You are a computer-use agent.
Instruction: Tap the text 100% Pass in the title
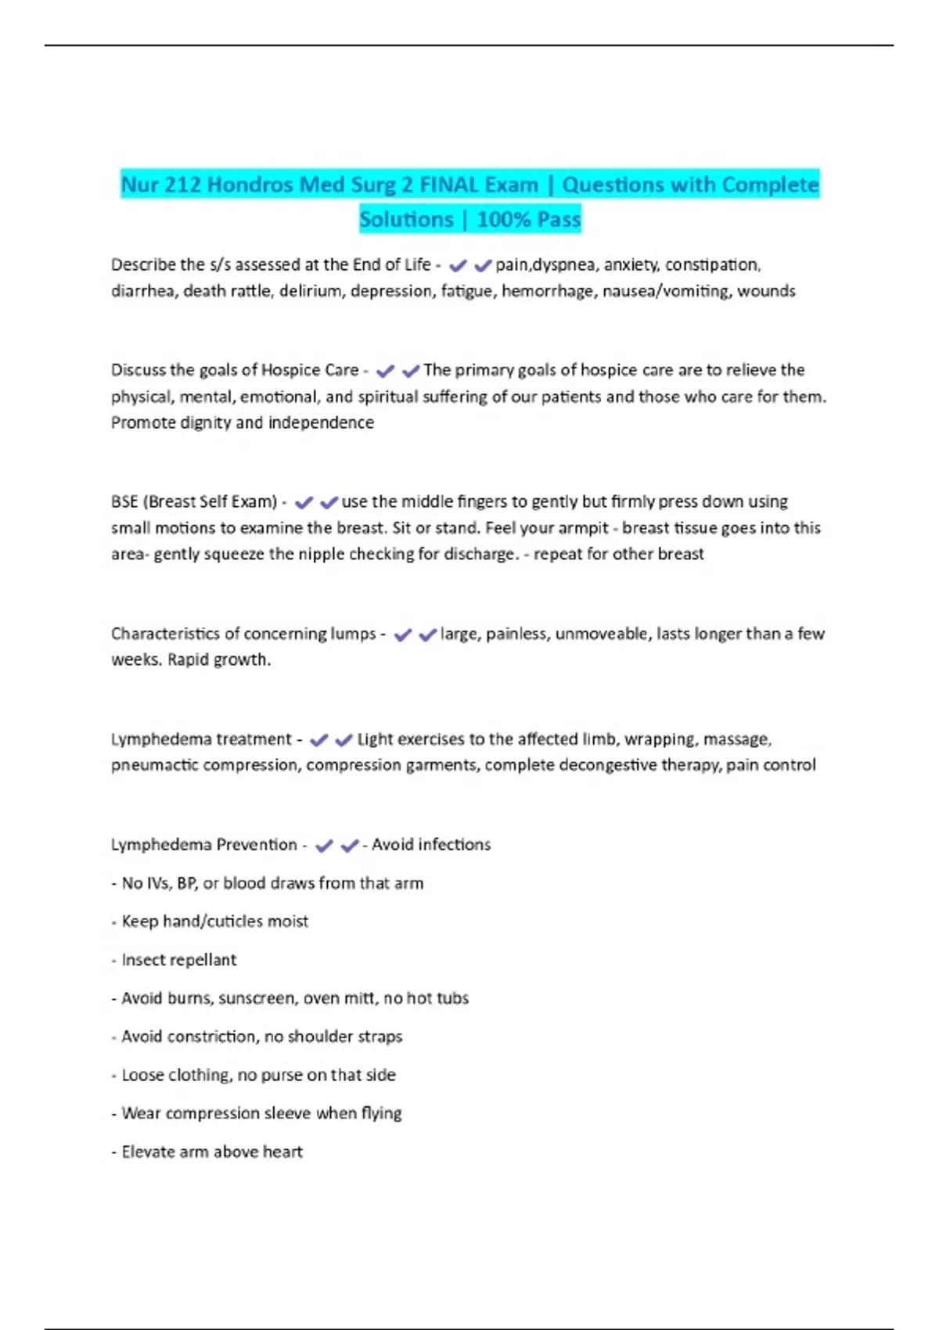[529, 220]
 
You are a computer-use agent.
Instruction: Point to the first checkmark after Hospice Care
[385, 371]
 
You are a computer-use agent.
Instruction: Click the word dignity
[205, 423]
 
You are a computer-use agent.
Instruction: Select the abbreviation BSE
[124, 501]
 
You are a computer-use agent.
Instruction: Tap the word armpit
[583, 528]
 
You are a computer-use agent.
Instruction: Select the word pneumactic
[154, 765]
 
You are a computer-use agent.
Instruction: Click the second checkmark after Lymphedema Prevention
[350, 846]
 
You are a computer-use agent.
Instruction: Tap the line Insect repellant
[178, 960]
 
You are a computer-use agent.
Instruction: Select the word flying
[381, 1113]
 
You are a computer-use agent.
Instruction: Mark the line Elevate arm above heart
[211, 1152]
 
